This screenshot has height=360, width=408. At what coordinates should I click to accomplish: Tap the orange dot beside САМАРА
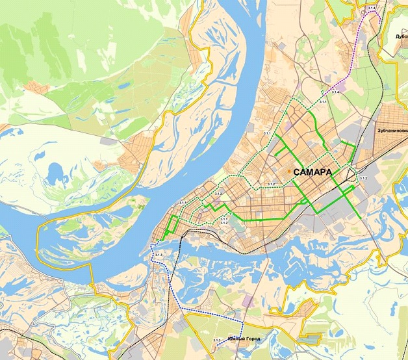click(289, 172)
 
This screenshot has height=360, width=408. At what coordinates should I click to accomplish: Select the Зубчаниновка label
click(392, 130)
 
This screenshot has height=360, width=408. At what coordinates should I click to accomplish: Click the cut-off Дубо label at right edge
click(401, 37)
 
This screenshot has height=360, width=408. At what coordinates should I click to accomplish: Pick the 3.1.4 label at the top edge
click(372, 7)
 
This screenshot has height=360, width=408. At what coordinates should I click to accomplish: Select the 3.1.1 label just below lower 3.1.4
click(323, 103)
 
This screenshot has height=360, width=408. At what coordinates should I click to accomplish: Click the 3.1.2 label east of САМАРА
click(364, 178)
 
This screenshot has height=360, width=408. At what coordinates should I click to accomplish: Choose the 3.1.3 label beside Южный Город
click(216, 340)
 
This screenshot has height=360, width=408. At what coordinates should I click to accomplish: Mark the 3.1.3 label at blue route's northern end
click(159, 254)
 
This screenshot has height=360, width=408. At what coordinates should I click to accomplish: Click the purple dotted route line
click(358, 52)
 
